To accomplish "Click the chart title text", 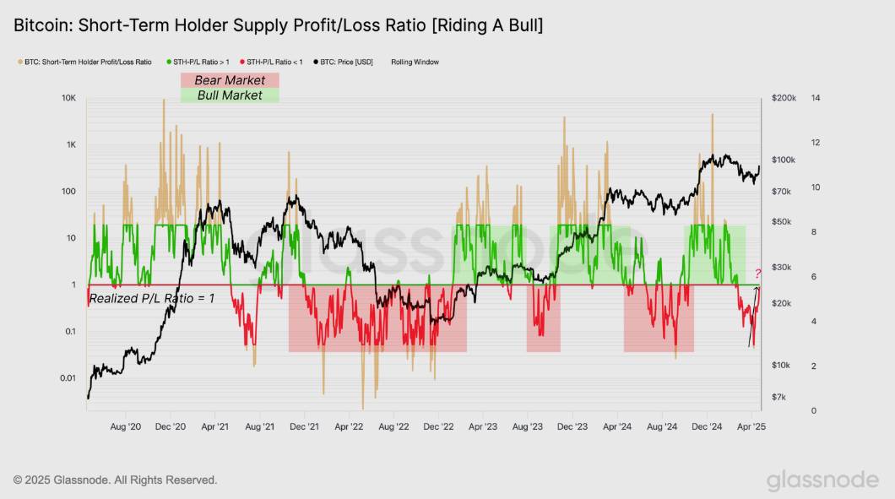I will [278, 26].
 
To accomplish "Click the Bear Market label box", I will [230, 80].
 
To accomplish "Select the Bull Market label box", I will [230, 95].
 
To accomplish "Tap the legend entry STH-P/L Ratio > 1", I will [198, 62].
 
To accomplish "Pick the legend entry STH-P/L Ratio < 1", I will [274, 62].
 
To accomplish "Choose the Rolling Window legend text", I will [415, 62].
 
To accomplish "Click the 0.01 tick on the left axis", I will [68, 377].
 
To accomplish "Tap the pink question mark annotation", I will [757, 274].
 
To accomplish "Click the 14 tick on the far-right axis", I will [815, 99].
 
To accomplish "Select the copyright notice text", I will [116, 480].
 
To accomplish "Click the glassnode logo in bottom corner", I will [822, 480].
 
